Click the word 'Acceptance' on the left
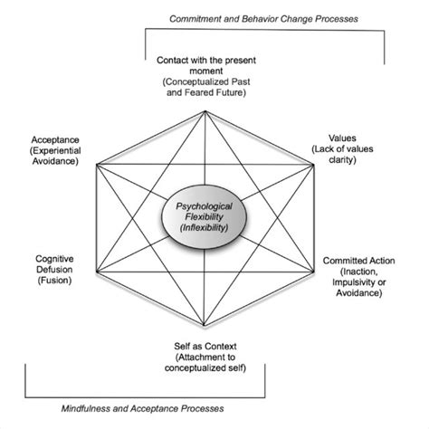tap(52, 142)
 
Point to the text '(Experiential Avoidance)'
tap(52, 155)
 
